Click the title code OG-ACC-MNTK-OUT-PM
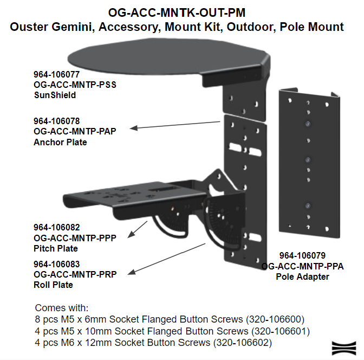(x=177, y=12)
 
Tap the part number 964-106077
(x=57, y=74)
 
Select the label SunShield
(x=55, y=95)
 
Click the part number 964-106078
(x=57, y=121)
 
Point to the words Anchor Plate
(x=60, y=142)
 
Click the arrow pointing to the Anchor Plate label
(x=175, y=125)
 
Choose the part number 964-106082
(x=57, y=227)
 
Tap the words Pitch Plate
(x=56, y=248)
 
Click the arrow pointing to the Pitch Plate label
(x=138, y=229)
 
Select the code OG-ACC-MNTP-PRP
(x=75, y=274)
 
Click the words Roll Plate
(x=53, y=285)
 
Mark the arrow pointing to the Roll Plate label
(x=166, y=259)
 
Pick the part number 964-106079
(x=302, y=255)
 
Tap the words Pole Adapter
(x=302, y=277)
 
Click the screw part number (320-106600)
(x=275, y=319)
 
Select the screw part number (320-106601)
(x=281, y=331)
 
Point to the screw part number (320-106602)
(x=242, y=343)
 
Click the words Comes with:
(x=62, y=308)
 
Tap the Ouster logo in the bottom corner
(x=344, y=348)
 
